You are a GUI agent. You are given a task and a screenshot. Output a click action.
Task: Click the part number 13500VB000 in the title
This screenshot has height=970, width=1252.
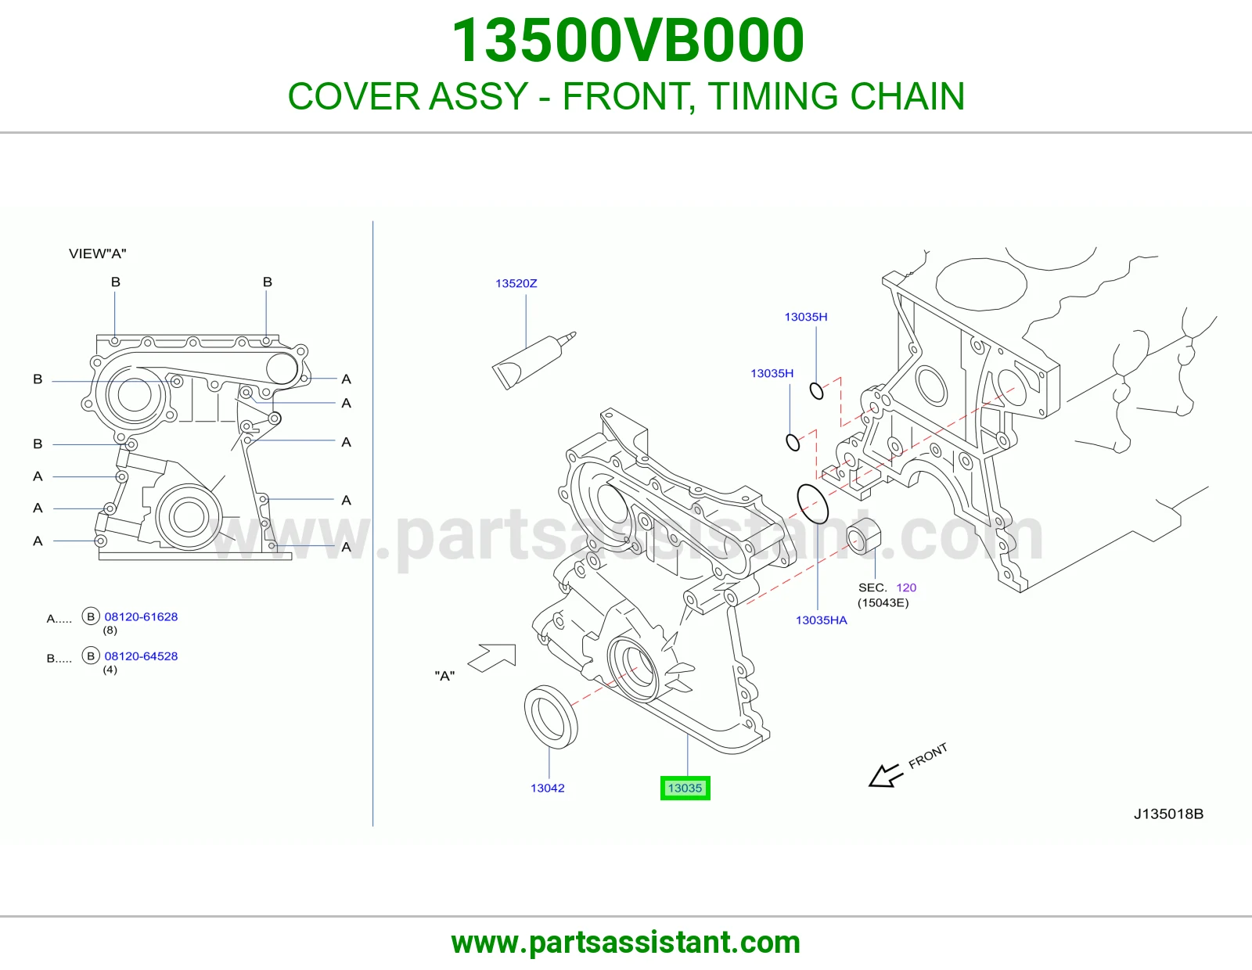[628, 41]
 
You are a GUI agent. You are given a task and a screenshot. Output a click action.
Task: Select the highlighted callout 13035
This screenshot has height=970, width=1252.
[685, 788]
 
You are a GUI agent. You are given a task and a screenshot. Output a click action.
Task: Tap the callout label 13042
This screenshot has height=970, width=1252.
[547, 788]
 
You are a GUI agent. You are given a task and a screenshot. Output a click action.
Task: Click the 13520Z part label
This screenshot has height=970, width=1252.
[516, 283]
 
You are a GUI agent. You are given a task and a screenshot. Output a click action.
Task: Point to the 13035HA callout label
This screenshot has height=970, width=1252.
[821, 620]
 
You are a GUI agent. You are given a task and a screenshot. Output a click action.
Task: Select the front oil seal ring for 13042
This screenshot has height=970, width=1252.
[551, 717]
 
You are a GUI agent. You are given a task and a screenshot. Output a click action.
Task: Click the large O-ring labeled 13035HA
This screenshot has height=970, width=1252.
[812, 504]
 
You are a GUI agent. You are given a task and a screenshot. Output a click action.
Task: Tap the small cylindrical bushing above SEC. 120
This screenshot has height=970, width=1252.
[864, 536]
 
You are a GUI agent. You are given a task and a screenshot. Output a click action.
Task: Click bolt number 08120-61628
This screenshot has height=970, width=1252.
[141, 616]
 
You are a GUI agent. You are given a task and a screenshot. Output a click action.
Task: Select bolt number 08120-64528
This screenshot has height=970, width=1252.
[141, 656]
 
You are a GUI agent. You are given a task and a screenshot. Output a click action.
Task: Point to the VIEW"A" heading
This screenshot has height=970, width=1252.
[97, 253]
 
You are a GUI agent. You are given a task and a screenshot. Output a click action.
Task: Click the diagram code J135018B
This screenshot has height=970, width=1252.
[1168, 814]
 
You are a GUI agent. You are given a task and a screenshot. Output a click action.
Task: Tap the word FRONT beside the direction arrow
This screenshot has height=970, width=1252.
[927, 756]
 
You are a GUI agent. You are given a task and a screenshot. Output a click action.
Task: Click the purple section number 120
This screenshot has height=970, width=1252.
[906, 587]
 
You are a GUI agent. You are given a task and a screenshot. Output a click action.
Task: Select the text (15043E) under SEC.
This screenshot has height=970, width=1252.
[883, 603]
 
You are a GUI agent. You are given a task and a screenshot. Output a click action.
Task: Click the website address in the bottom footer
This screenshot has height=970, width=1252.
[626, 943]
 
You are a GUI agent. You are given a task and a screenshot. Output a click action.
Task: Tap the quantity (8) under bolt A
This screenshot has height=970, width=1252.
[110, 630]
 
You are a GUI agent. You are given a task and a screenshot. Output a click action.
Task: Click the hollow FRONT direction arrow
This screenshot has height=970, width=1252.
[886, 775]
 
